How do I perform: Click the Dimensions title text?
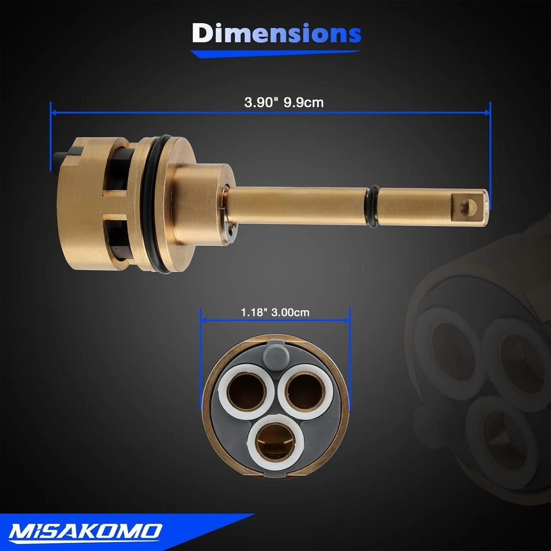[x=276, y=33]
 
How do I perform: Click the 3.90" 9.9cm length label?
[x=284, y=102]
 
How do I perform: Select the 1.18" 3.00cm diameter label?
[x=275, y=312]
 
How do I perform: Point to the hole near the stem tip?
[x=468, y=207]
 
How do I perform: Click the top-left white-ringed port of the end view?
[x=246, y=391]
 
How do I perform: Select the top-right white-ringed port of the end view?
[x=306, y=391]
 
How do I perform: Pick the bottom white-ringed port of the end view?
[x=275, y=442]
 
